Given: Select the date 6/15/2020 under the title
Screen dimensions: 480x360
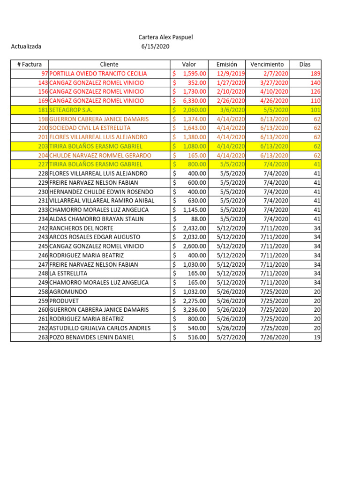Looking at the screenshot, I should (155, 46).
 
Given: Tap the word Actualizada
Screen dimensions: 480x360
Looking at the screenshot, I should (26, 46).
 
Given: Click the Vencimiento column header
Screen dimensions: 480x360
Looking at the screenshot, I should (267, 64).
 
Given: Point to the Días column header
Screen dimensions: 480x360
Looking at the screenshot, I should (305, 64).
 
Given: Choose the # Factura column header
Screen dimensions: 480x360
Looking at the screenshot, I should (29, 64).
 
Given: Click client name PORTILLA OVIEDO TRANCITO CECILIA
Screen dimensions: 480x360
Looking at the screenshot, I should (98, 74).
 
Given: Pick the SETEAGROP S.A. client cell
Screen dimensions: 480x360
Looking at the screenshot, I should (70, 110).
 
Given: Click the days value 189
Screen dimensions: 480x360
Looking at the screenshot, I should (315, 74).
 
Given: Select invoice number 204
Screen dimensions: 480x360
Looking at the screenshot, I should (43, 155).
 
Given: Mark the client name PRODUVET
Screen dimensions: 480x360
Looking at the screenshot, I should (65, 300).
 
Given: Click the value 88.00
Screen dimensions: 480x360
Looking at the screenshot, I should (198, 219).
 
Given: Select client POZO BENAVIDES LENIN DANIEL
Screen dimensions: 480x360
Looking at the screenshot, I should (91, 337).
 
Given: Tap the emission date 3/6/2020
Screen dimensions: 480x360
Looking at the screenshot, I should (234, 110).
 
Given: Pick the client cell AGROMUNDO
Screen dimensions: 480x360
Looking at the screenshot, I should (68, 292).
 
